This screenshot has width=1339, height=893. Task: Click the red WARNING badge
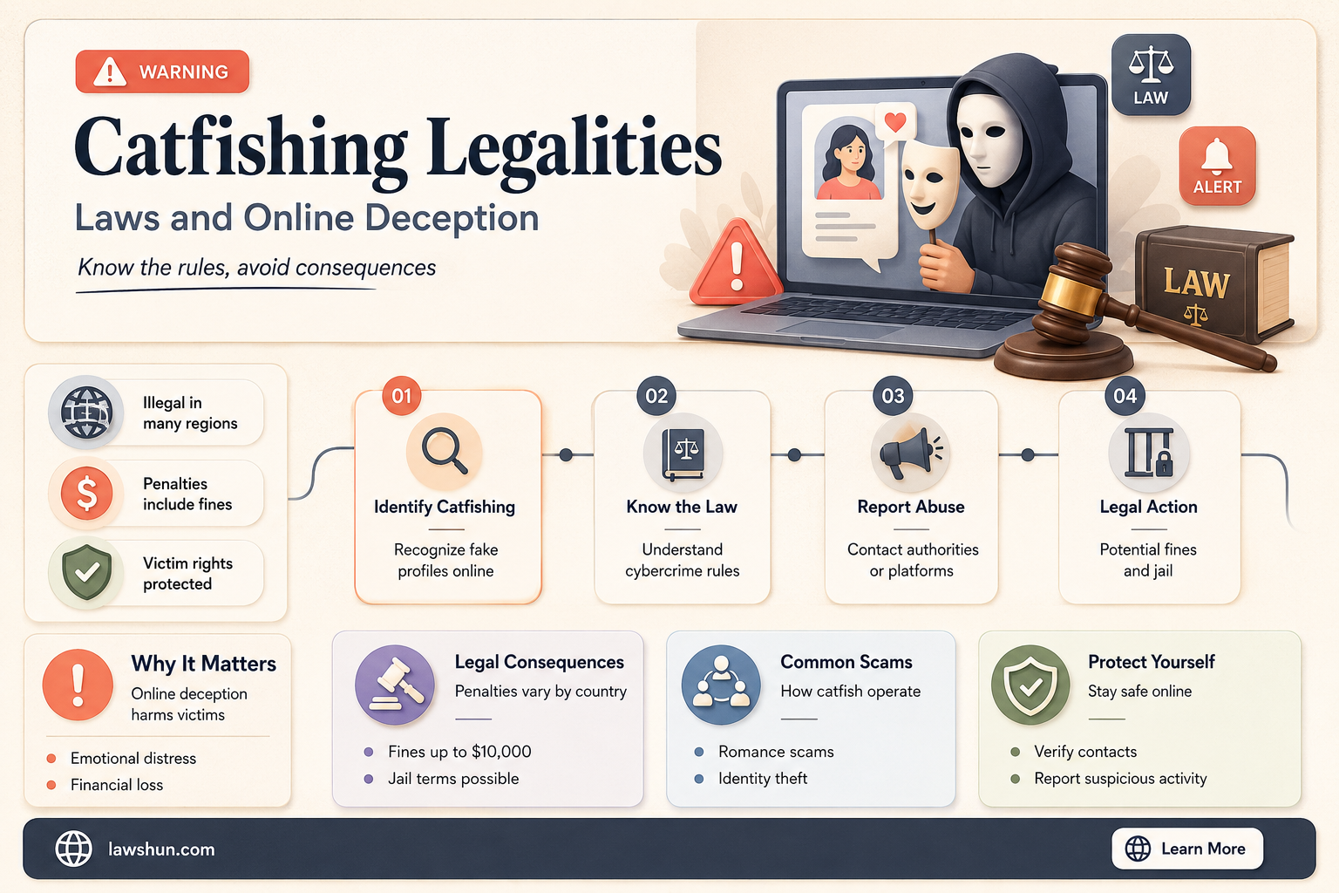pyautogui.click(x=162, y=72)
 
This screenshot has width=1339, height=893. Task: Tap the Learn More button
pyautogui.click(x=1187, y=849)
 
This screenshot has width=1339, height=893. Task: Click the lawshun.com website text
pyautogui.click(x=161, y=849)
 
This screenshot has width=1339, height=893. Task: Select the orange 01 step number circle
pyautogui.click(x=402, y=395)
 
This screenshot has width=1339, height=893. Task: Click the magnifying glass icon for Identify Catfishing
pyautogui.click(x=444, y=452)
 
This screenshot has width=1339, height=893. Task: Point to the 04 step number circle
pyautogui.click(x=1125, y=395)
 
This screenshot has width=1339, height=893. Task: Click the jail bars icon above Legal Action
pyautogui.click(x=1149, y=453)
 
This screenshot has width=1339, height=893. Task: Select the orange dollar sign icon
pyautogui.click(x=86, y=493)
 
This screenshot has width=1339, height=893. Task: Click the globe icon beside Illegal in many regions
pyautogui.click(x=86, y=412)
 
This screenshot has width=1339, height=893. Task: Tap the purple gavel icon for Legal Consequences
pyautogui.click(x=395, y=685)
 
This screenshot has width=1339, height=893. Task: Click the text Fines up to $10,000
pyautogui.click(x=459, y=751)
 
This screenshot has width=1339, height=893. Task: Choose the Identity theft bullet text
pyautogui.click(x=763, y=778)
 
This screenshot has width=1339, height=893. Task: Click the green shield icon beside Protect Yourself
pyautogui.click(x=1030, y=685)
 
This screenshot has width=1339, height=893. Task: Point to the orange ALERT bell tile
pyautogui.click(x=1217, y=166)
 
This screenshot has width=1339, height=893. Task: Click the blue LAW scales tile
pyautogui.click(x=1151, y=74)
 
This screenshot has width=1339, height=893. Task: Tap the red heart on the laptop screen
pyautogui.click(x=895, y=122)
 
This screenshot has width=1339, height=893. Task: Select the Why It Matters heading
pyautogui.click(x=203, y=664)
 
